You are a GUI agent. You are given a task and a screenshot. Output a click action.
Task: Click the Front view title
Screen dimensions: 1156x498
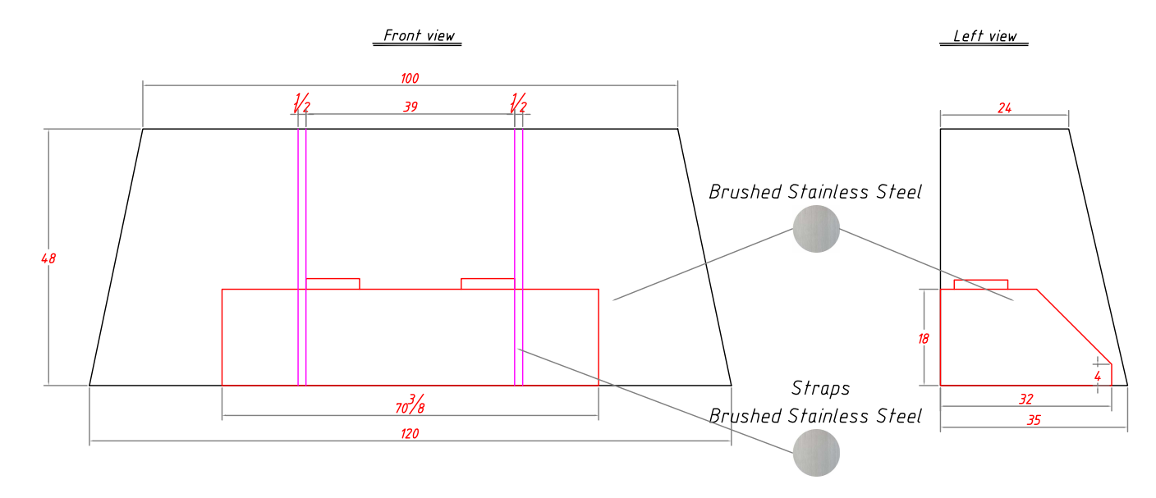point(419,35)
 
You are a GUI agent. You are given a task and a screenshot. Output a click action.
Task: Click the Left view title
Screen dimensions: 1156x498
point(984,36)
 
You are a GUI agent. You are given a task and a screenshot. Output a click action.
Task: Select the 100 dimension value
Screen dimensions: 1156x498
point(410,79)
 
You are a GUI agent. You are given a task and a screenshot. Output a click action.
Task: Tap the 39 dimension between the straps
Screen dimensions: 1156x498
point(411,107)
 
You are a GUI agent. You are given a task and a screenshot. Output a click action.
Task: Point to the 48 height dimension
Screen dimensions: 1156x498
point(48,258)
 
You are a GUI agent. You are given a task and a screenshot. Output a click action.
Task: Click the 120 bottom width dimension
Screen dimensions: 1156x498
point(410,433)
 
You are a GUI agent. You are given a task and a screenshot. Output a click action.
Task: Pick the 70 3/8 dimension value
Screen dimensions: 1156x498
point(411,404)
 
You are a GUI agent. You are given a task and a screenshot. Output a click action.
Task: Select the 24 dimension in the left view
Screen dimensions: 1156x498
point(1004,108)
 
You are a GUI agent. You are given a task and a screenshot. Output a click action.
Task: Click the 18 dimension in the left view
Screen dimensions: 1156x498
point(924,339)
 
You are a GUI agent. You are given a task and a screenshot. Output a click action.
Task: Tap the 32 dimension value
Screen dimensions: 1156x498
point(1026,399)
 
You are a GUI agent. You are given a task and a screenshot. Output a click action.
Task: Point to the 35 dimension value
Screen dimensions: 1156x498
point(1034,420)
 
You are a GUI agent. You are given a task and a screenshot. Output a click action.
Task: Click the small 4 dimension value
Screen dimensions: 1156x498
point(1098,377)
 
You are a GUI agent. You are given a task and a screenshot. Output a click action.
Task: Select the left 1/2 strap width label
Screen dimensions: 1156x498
point(301,103)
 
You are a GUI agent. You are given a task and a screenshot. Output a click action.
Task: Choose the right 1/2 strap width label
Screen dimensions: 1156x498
point(518,103)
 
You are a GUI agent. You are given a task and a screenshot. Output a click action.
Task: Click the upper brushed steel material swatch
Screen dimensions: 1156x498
point(816,229)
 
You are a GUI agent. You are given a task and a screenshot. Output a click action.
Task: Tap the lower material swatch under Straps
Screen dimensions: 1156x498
point(816,453)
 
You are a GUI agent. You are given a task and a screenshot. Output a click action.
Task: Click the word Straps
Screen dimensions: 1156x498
point(820,389)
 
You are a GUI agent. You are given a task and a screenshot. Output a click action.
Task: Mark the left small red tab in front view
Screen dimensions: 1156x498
point(333,284)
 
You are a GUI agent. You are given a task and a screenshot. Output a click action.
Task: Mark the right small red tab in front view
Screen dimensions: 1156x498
point(488,284)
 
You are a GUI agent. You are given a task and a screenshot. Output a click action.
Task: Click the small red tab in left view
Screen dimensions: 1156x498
point(980,285)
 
